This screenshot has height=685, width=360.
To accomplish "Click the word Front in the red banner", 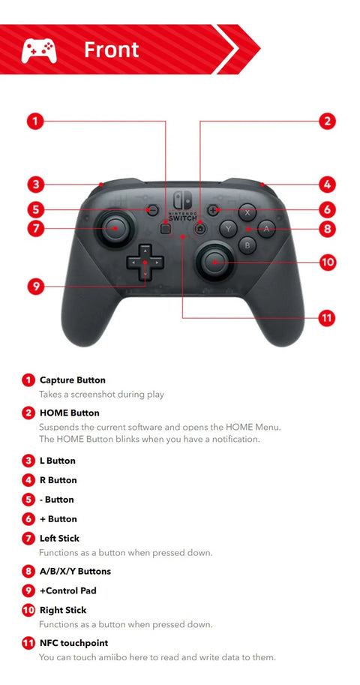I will click(x=111, y=50).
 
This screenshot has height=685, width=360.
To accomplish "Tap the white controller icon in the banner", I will click(x=39, y=50).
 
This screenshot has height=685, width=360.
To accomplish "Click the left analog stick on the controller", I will click(x=115, y=228).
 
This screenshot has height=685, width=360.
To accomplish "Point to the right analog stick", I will click(x=213, y=261).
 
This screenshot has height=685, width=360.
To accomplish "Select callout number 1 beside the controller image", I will click(x=35, y=121).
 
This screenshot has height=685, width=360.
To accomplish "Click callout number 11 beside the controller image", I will click(x=326, y=317).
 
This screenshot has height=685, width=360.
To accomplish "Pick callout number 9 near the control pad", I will click(x=35, y=286).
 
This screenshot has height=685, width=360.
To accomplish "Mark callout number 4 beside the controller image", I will click(x=326, y=184).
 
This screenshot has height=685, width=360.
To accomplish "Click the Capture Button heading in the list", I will click(x=72, y=380).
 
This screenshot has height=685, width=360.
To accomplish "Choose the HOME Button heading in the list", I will click(x=69, y=413).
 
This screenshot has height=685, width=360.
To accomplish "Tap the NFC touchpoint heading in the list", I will click(x=73, y=643).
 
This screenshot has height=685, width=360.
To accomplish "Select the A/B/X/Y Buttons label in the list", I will click(x=75, y=572).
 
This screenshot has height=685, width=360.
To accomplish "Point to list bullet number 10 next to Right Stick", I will click(x=28, y=611).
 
